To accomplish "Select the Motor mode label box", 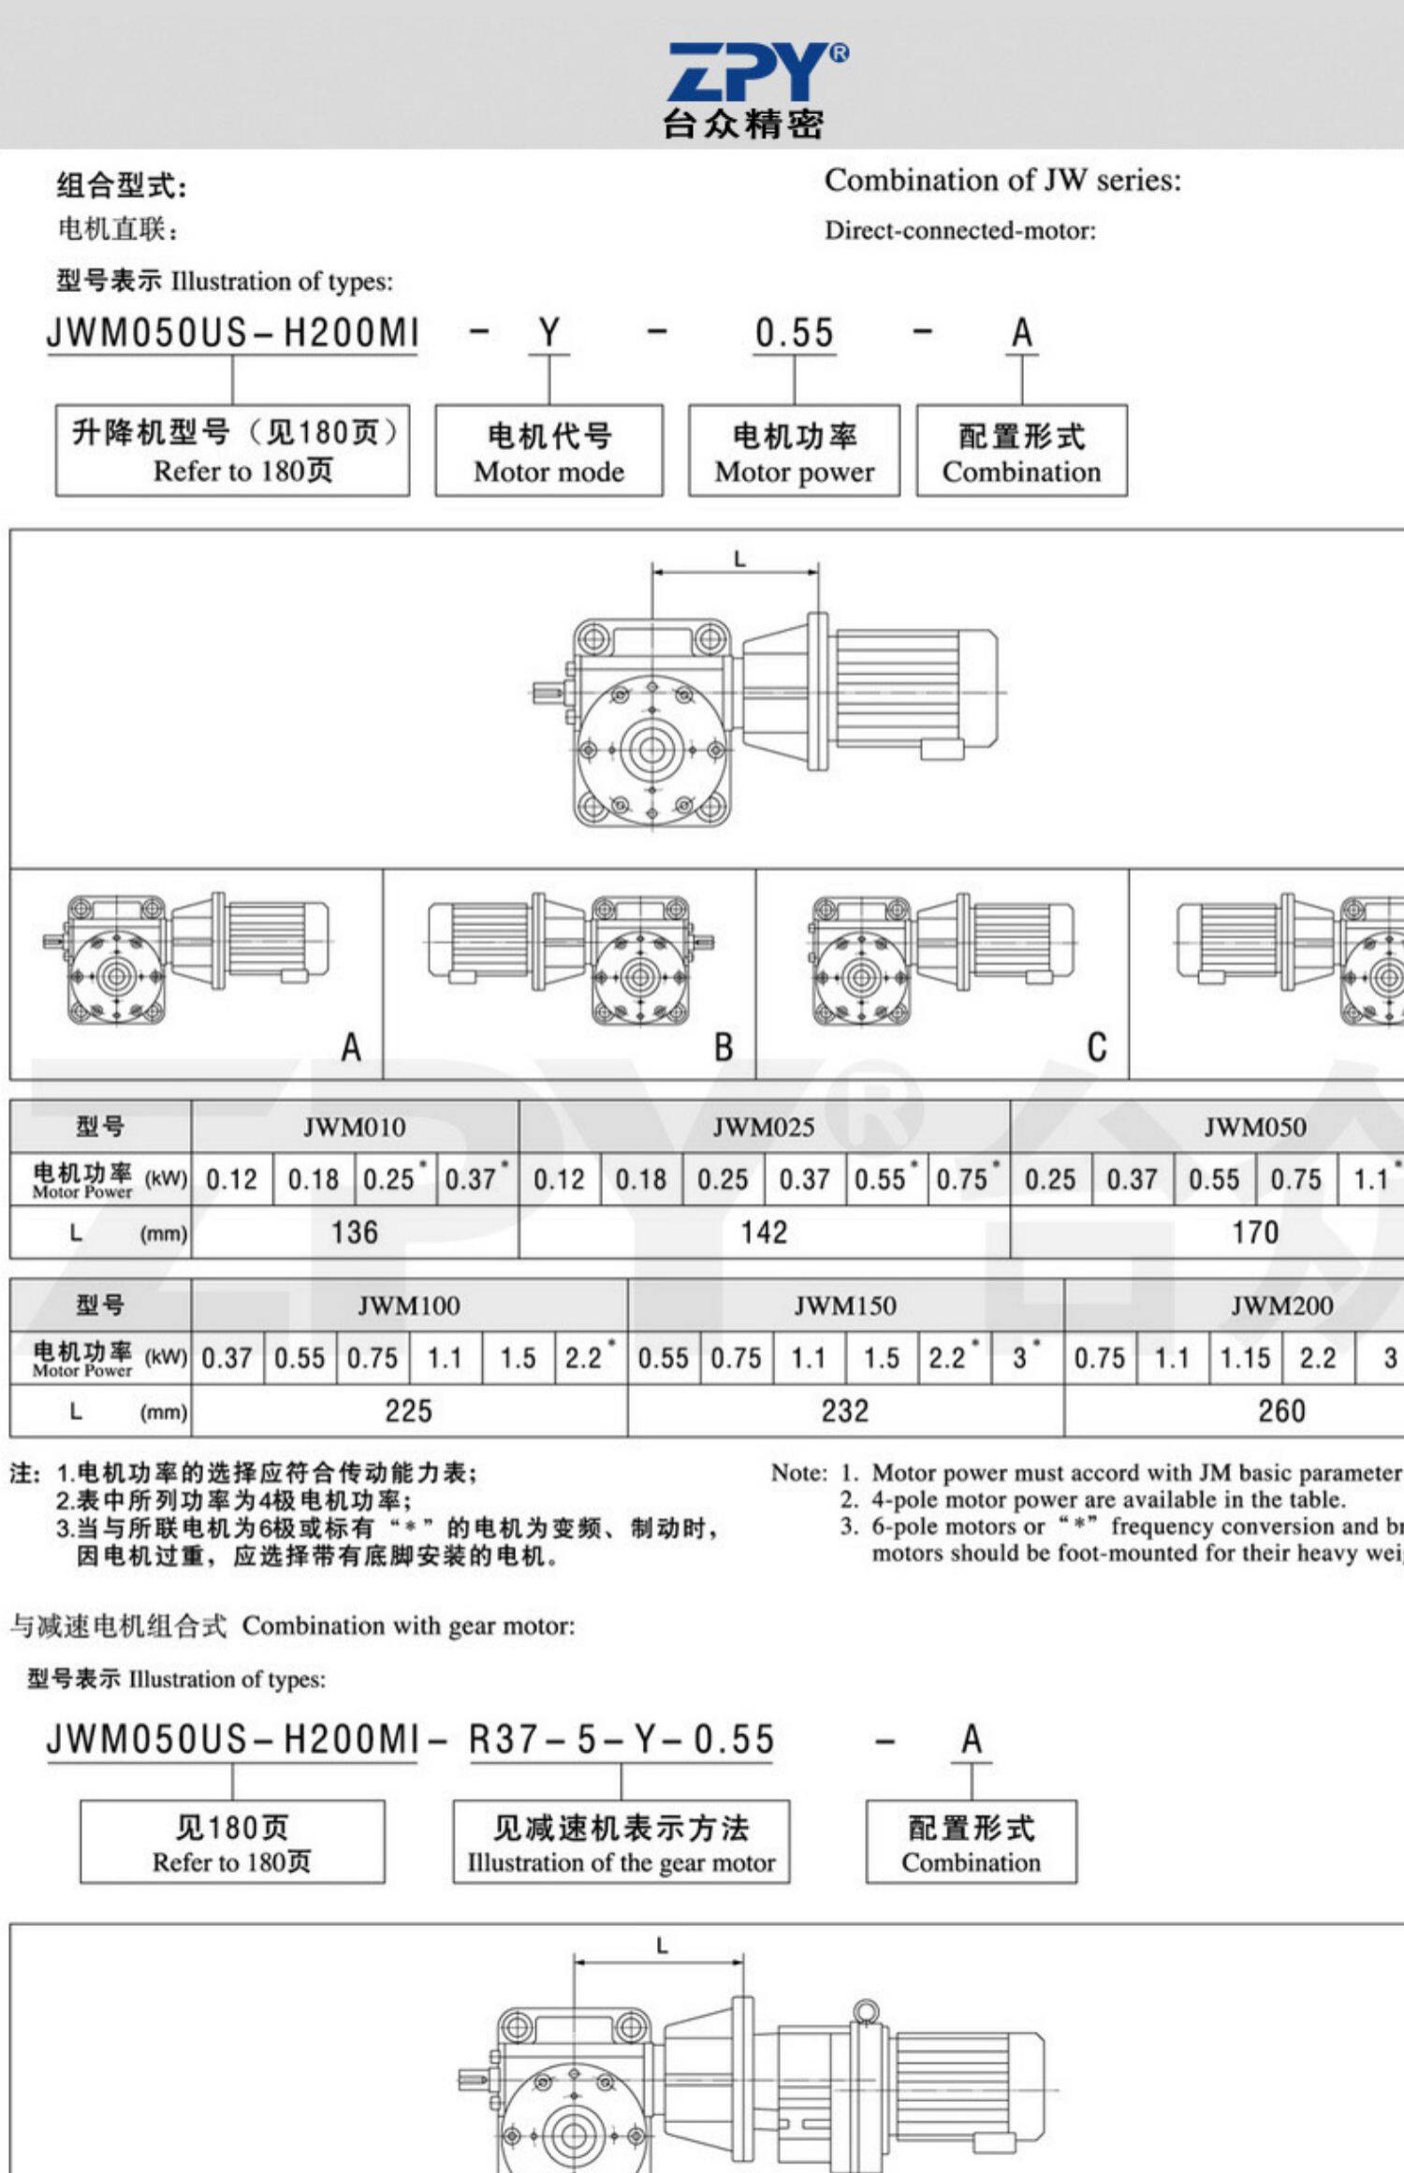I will click(x=548, y=451).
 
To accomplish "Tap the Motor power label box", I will click(x=794, y=451).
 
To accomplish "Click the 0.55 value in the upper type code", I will click(x=794, y=333).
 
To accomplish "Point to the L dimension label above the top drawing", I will click(x=739, y=560).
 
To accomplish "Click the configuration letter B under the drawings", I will click(x=724, y=1047).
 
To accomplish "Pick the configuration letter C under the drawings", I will click(x=1097, y=1047).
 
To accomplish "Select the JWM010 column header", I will click(x=354, y=1127).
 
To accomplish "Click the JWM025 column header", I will click(x=764, y=1127).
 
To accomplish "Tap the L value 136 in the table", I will click(x=354, y=1232).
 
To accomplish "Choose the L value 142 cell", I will click(x=764, y=1232).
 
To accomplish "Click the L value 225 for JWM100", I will click(x=408, y=1411).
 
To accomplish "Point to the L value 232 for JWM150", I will click(x=845, y=1411).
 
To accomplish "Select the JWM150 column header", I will click(x=845, y=1305).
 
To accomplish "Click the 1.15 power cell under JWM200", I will click(x=1245, y=1358).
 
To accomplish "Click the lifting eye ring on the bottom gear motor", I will click(x=866, y=2010).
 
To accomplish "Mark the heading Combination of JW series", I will click(x=1002, y=180).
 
